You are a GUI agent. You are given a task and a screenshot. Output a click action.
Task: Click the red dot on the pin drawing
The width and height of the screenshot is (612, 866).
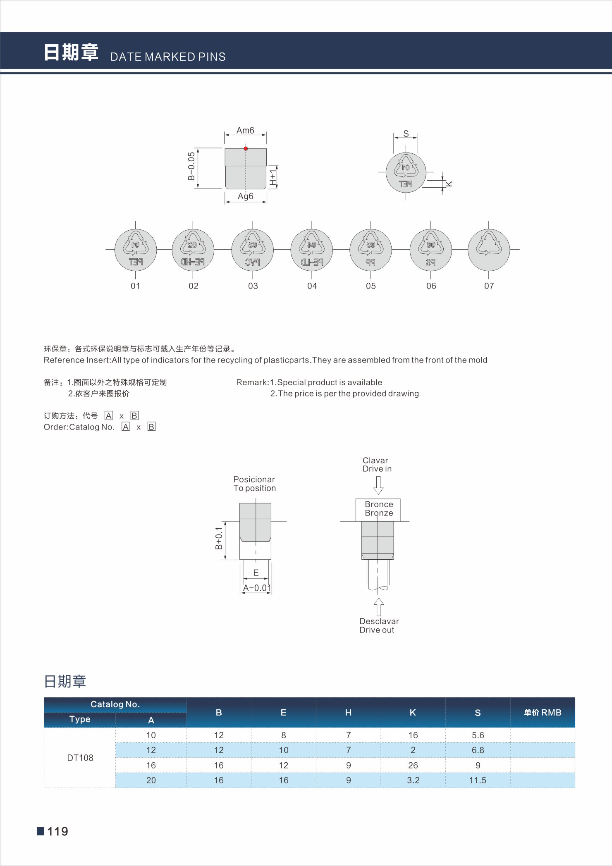[x=246, y=148]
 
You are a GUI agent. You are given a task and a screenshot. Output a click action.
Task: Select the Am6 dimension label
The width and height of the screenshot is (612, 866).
[x=245, y=130]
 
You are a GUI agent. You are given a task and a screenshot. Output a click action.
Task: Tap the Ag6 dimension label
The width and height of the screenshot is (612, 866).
[x=246, y=196]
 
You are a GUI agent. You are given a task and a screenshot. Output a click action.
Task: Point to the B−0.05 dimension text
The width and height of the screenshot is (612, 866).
[x=191, y=166]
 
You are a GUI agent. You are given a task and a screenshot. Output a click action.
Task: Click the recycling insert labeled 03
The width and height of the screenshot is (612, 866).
[x=252, y=250]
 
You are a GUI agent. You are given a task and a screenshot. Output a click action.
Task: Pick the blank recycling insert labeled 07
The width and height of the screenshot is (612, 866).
[x=489, y=250]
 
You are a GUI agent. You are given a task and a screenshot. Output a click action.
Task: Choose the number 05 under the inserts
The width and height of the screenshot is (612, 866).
[x=371, y=286]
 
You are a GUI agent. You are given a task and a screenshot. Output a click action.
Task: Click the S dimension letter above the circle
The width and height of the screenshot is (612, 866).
[x=406, y=134]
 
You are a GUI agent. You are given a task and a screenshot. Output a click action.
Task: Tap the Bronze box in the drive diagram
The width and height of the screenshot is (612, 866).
[x=378, y=510]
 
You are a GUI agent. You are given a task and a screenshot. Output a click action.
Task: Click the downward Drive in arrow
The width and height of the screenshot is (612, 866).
[x=378, y=485]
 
